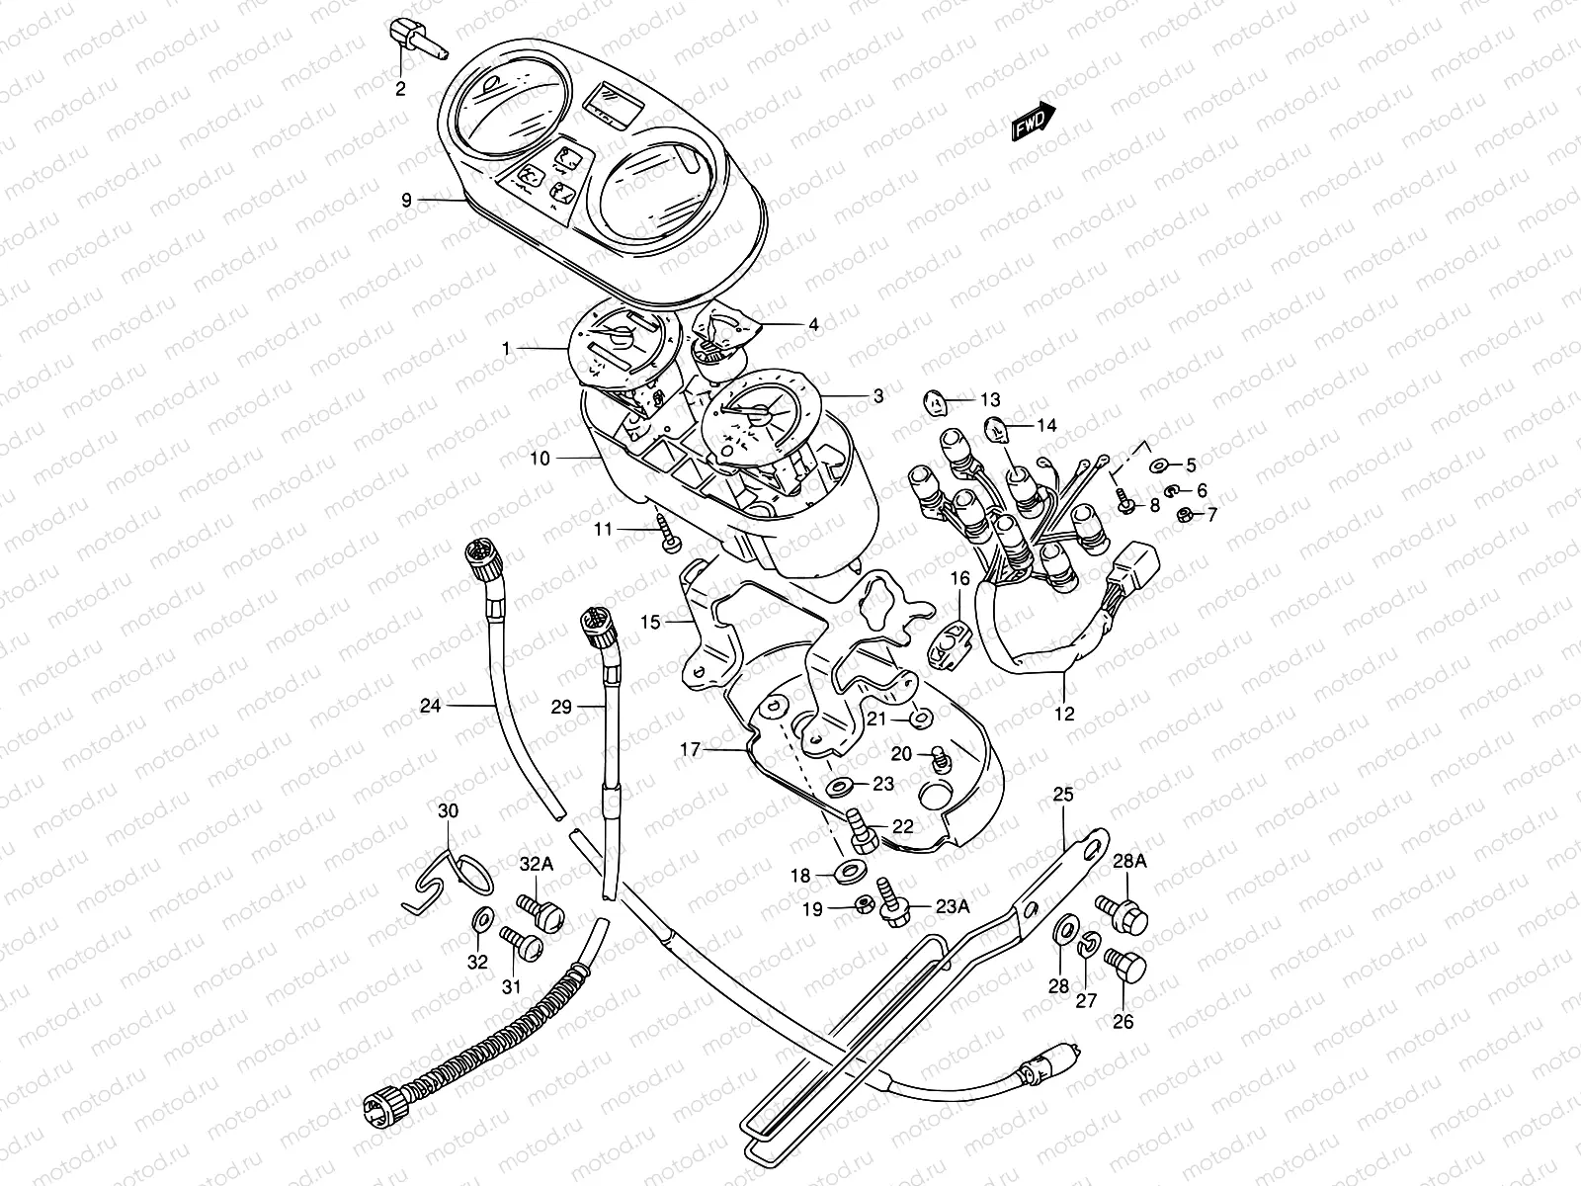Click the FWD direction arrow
(x=1033, y=123)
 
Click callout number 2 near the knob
(x=400, y=89)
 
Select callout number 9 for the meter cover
(x=406, y=200)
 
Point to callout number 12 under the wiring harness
(x=1064, y=713)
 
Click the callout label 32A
(x=536, y=864)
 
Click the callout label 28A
(x=1129, y=862)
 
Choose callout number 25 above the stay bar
(x=1062, y=795)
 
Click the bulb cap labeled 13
(x=934, y=401)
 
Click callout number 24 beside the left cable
(x=430, y=706)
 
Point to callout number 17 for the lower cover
(x=690, y=751)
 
